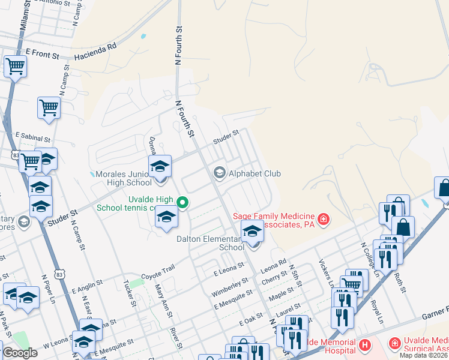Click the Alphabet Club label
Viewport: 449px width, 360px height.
coord(255,173)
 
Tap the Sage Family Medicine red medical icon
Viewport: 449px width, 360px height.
coord(324,220)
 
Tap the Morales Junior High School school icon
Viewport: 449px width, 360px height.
coord(160,166)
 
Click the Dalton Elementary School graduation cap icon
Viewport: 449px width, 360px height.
coord(253,230)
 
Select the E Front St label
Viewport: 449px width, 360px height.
coord(42,55)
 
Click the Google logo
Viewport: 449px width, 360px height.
coord(20,353)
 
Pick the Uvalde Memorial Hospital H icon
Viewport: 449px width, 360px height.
coord(364,344)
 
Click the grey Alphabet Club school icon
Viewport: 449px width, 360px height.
coord(219,173)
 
